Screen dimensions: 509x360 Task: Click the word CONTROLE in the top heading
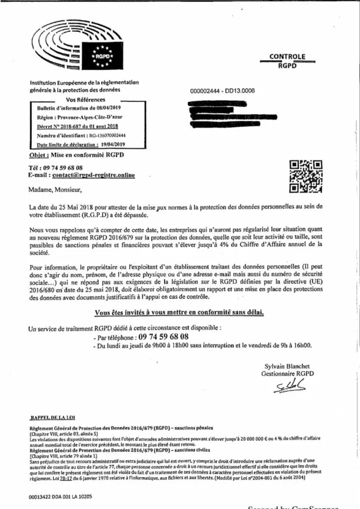click(x=287, y=57)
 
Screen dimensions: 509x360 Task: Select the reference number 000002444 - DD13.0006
click(x=222, y=91)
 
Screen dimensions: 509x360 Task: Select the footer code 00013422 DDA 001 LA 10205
click(x=61, y=496)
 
